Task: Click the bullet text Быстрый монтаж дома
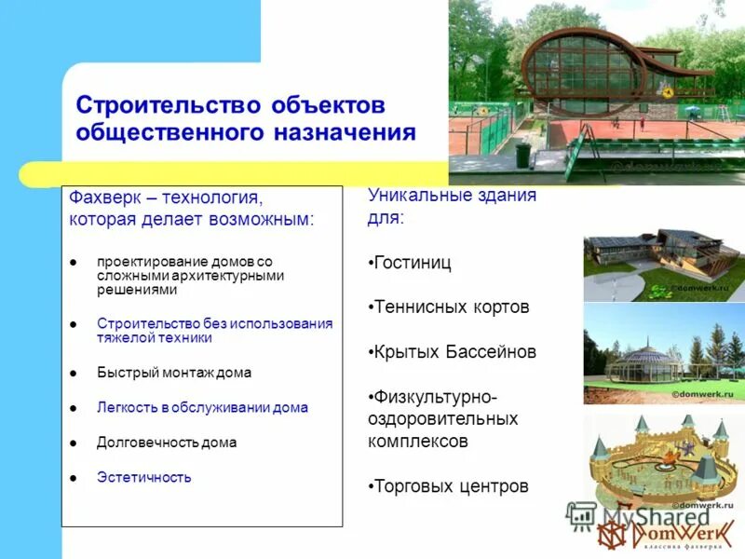(174, 372)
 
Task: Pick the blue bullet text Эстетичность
(144, 477)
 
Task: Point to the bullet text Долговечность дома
(167, 443)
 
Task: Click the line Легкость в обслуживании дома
(202, 407)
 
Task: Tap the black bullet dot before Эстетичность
(74, 478)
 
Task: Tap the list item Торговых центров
(449, 486)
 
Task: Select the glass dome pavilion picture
(663, 355)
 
